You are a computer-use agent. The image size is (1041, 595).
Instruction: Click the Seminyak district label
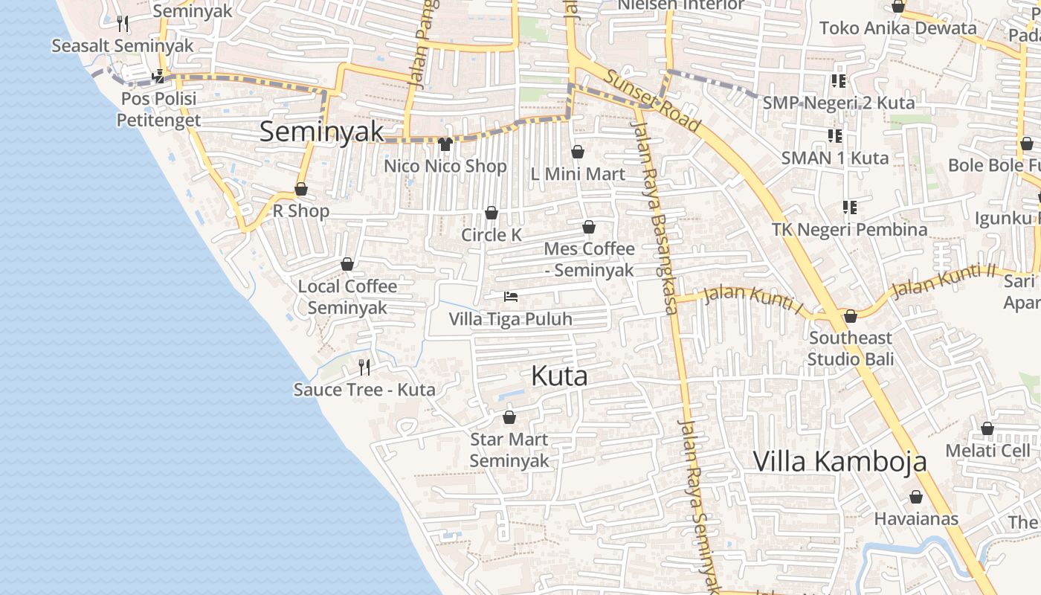[321, 132]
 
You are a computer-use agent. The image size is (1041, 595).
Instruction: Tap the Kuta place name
[559, 376]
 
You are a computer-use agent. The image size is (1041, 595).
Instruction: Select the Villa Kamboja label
[839, 461]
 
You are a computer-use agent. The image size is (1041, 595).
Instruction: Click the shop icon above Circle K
[491, 213]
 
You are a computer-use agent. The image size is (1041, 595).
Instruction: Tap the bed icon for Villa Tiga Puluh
[511, 297]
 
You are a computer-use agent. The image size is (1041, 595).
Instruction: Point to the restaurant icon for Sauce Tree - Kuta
[364, 367]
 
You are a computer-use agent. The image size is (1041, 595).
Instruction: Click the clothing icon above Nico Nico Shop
[445, 144]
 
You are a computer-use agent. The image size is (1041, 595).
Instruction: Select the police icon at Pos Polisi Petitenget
[158, 76]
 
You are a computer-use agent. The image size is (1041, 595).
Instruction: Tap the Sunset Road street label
[651, 101]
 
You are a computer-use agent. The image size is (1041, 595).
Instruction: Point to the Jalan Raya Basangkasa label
[655, 216]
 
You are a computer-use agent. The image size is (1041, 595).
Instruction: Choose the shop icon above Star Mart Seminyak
[509, 417]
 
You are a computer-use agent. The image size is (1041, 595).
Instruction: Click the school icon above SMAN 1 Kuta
[835, 136]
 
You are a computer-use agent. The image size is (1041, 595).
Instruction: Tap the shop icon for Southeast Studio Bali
[851, 316]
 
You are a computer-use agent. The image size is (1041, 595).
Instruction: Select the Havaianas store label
[916, 518]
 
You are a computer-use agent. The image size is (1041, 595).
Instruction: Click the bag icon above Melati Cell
[987, 428]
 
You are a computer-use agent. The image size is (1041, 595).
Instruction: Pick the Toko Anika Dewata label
[897, 28]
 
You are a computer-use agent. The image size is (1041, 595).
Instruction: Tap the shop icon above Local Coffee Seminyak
[347, 264]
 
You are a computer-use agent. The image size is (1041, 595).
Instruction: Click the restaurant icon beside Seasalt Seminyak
[123, 24]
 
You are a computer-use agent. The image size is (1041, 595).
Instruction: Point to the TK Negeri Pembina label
[849, 229]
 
